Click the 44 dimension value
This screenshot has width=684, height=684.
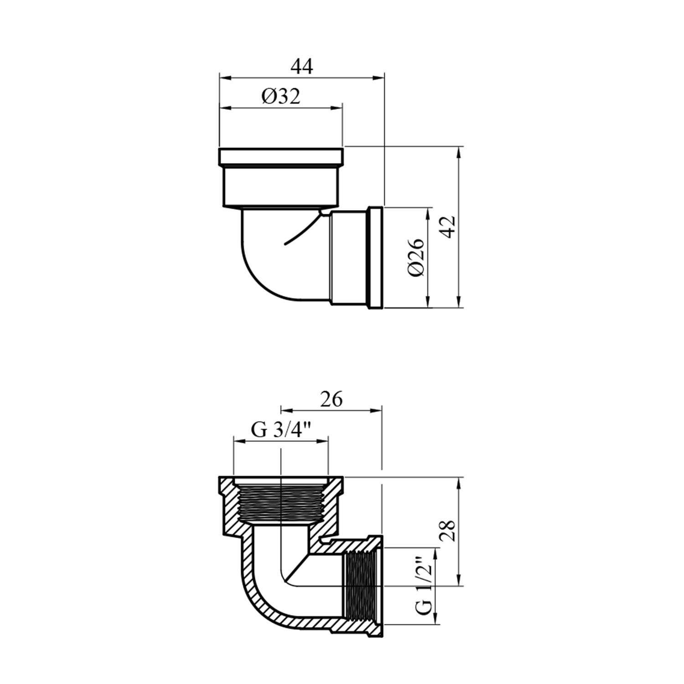[x=302, y=67]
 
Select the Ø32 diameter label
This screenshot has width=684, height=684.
[x=281, y=97]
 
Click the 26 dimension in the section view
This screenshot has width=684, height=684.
[x=332, y=399]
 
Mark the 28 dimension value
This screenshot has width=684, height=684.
[x=448, y=530]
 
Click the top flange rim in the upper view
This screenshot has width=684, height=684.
[x=281, y=157]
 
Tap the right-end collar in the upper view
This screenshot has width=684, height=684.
[x=375, y=258]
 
